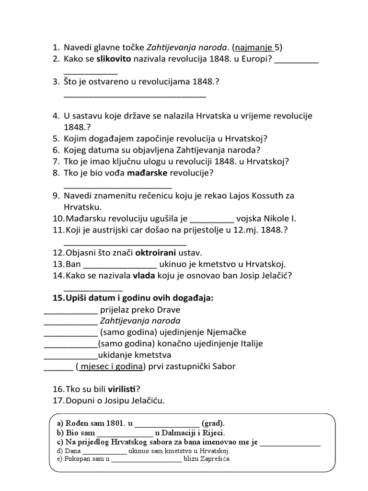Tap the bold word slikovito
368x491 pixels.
coord(116,59)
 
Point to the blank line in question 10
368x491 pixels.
coord(212,220)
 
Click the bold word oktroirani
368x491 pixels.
coord(156,252)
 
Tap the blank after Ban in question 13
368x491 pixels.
coord(120,264)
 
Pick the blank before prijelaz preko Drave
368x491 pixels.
coord(70,310)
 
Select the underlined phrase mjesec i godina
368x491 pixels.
coord(112,367)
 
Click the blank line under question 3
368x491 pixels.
coord(135,95)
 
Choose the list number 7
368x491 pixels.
coord(55,161)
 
